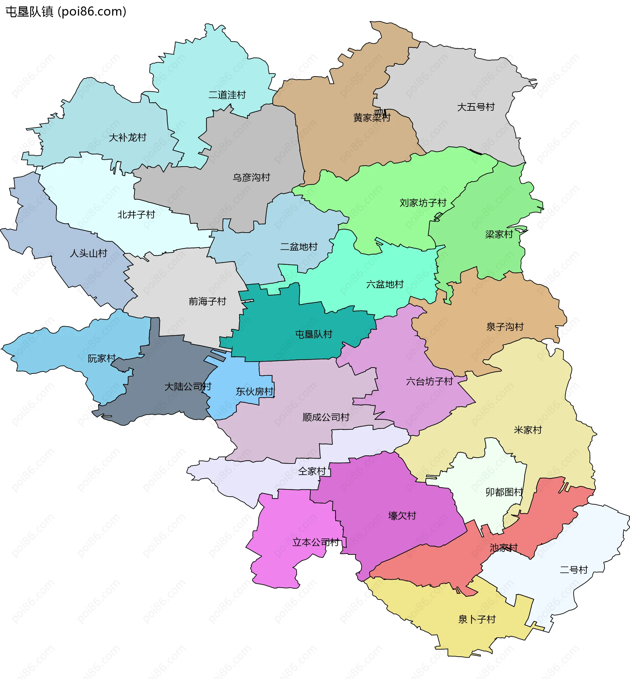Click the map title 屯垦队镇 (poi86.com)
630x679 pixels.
coord(66,11)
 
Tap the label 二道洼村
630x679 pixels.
coord(227,95)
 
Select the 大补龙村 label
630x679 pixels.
coord(127,138)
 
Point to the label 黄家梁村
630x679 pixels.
coord(371,118)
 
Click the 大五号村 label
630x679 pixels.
coord(475,107)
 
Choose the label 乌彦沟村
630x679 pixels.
coord(251,177)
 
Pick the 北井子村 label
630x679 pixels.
coord(136,215)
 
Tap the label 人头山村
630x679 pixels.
coord(88,253)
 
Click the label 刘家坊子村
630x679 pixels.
coord(423,203)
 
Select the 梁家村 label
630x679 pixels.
coord(499,235)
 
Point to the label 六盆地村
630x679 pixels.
coord(385,284)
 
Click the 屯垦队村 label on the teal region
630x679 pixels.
coord(313,334)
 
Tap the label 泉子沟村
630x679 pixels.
coord(505,327)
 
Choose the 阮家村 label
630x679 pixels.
coord(102,359)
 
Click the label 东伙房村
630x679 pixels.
coord(254,392)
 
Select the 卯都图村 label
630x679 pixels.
coord(504,492)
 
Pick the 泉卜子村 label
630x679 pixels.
coord(476,619)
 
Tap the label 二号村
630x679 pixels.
coord(574,570)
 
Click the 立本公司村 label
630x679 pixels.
coord(316,542)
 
